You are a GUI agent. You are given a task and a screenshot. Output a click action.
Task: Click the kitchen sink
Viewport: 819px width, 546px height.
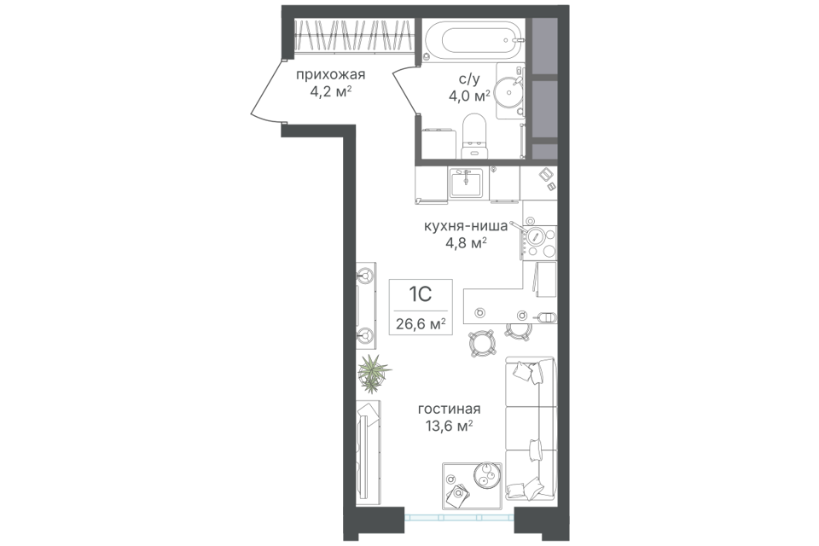click(x=467, y=182)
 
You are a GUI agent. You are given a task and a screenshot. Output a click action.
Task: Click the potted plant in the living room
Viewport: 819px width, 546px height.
click(x=372, y=369)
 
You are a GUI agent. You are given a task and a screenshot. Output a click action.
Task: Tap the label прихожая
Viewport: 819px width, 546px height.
click(x=324, y=74)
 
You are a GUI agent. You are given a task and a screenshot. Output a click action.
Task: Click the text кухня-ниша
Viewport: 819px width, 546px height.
click(x=467, y=226)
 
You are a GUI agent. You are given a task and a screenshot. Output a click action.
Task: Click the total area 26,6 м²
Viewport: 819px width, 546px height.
click(x=421, y=323)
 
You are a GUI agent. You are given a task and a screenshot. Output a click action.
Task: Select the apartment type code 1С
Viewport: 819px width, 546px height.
click(x=419, y=295)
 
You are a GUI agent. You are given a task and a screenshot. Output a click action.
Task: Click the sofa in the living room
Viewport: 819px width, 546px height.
click(x=530, y=427)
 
